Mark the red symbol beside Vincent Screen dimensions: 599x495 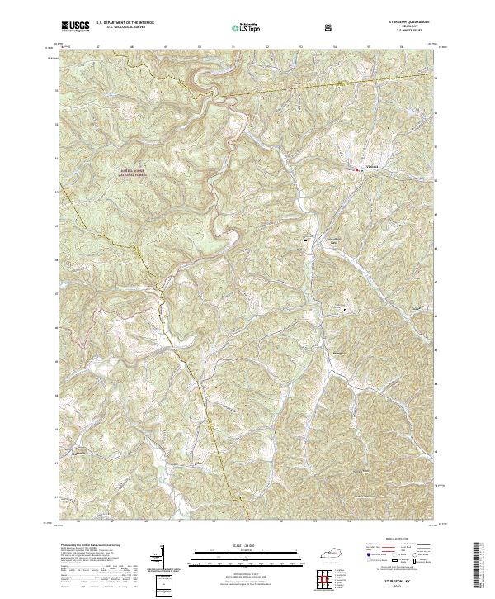tap(356, 169)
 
